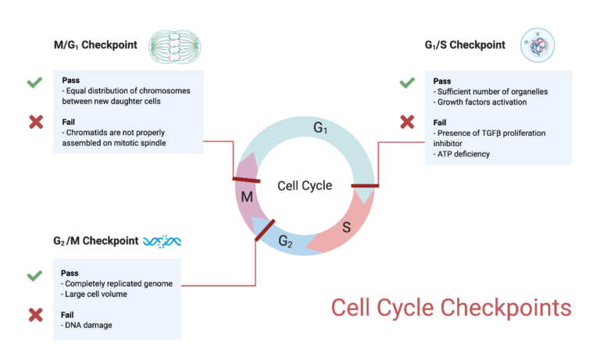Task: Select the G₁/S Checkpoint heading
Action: click(459, 45)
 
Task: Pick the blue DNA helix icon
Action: click(162, 241)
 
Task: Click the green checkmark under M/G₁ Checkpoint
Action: click(34, 82)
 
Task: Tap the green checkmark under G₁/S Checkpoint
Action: click(407, 82)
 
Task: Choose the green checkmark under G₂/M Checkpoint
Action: click(34, 276)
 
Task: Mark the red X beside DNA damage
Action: click(34, 315)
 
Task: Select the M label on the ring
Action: click(247, 196)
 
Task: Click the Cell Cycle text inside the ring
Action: click(305, 186)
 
